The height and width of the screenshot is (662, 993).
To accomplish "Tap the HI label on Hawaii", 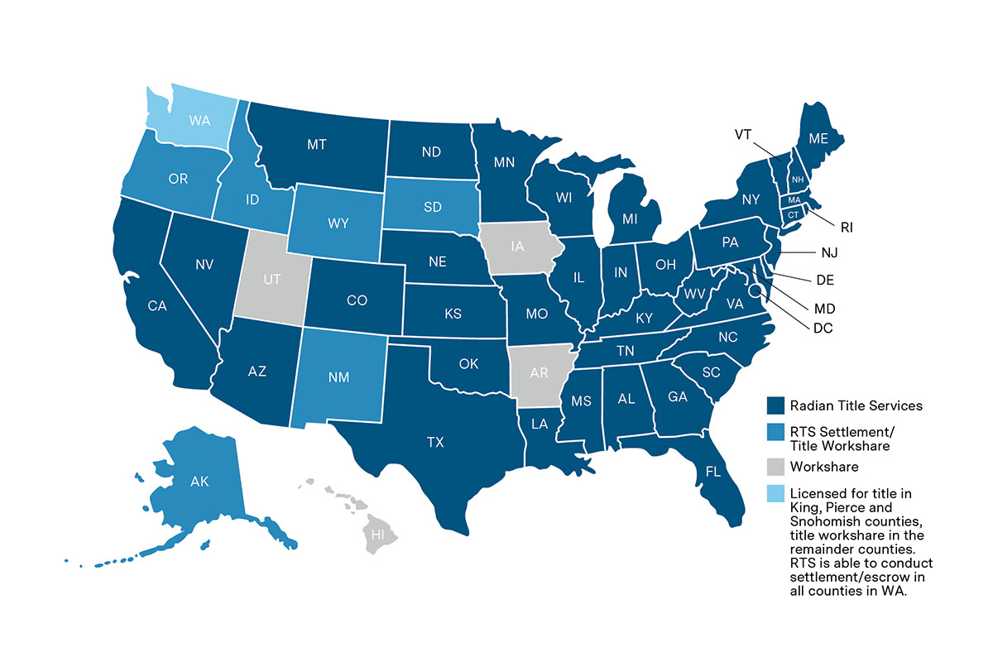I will [378, 535].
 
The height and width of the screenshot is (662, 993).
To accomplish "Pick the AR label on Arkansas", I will [539, 372].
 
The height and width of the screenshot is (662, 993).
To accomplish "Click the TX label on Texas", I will [435, 442].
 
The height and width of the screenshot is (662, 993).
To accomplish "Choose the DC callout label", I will [823, 328].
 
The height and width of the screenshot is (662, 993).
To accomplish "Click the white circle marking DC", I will [755, 290].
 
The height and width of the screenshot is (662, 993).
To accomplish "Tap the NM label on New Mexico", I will [338, 377].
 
